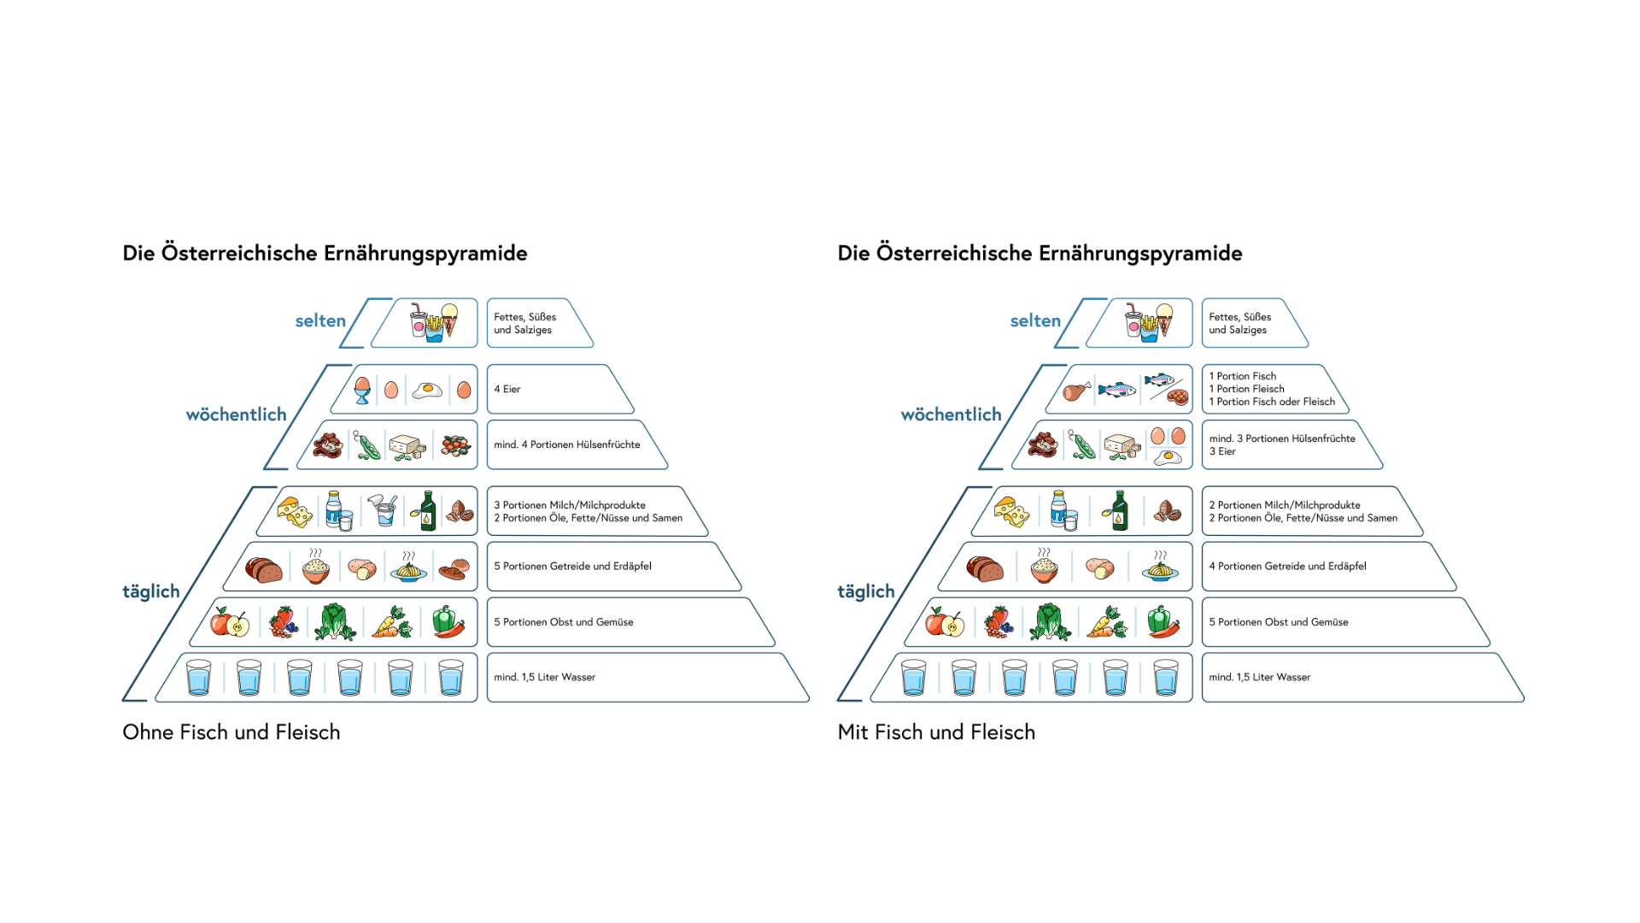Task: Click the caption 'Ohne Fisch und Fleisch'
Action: click(231, 732)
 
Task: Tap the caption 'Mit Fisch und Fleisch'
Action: click(936, 732)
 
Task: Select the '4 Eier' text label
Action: click(507, 389)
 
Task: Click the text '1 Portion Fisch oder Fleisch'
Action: click(1272, 402)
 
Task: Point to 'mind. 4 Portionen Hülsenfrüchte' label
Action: click(566, 444)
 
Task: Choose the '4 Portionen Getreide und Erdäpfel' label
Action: click(1287, 566)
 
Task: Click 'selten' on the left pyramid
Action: click(320, 320)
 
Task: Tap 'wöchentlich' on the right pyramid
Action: click(951, 414)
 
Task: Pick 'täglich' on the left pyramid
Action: click(151, 591)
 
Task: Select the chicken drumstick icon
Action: click(1076, 391)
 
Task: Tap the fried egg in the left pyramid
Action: click(427, 391)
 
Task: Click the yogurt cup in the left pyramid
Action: click(384, 510)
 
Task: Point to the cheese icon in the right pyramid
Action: click(1011, 511)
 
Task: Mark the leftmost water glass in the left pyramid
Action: click(198, 678)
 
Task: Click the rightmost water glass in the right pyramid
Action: click(1165, 678)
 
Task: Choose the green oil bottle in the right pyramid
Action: click(1118, 510)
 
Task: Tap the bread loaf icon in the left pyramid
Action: click(263, 568)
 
